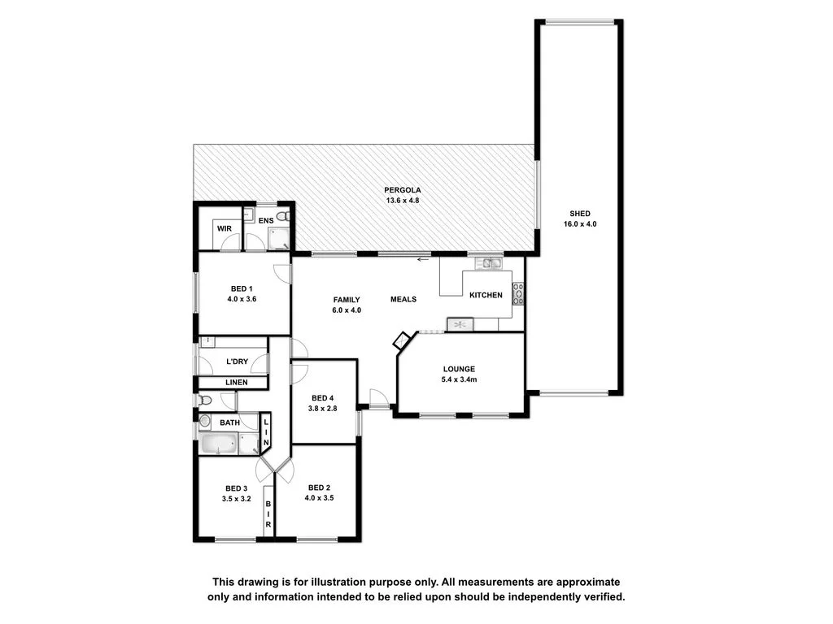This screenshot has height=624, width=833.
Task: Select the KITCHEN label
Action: tap(486, 295)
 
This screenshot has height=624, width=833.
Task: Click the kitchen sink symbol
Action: tap(491, 262)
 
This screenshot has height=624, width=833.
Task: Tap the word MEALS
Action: tap(403, 299)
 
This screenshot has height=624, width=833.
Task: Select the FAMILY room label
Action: tap(346, 299)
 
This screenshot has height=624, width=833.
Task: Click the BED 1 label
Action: tap(242, 288)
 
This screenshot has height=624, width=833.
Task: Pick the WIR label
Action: tap(225, 229)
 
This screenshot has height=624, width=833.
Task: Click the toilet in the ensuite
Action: tap(281, 216)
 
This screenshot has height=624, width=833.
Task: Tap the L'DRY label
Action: tap(238, 361)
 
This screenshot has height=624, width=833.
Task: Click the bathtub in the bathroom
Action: tap(218, 444)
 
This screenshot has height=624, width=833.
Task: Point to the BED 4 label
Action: tap(322, 397)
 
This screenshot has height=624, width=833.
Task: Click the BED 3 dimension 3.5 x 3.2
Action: tap(236, 499)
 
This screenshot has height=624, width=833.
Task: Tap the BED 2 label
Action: tap(317, 487)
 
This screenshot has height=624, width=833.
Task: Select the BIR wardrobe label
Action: tap(268, 513)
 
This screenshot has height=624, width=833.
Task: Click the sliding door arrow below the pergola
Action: tap(421, 259)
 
